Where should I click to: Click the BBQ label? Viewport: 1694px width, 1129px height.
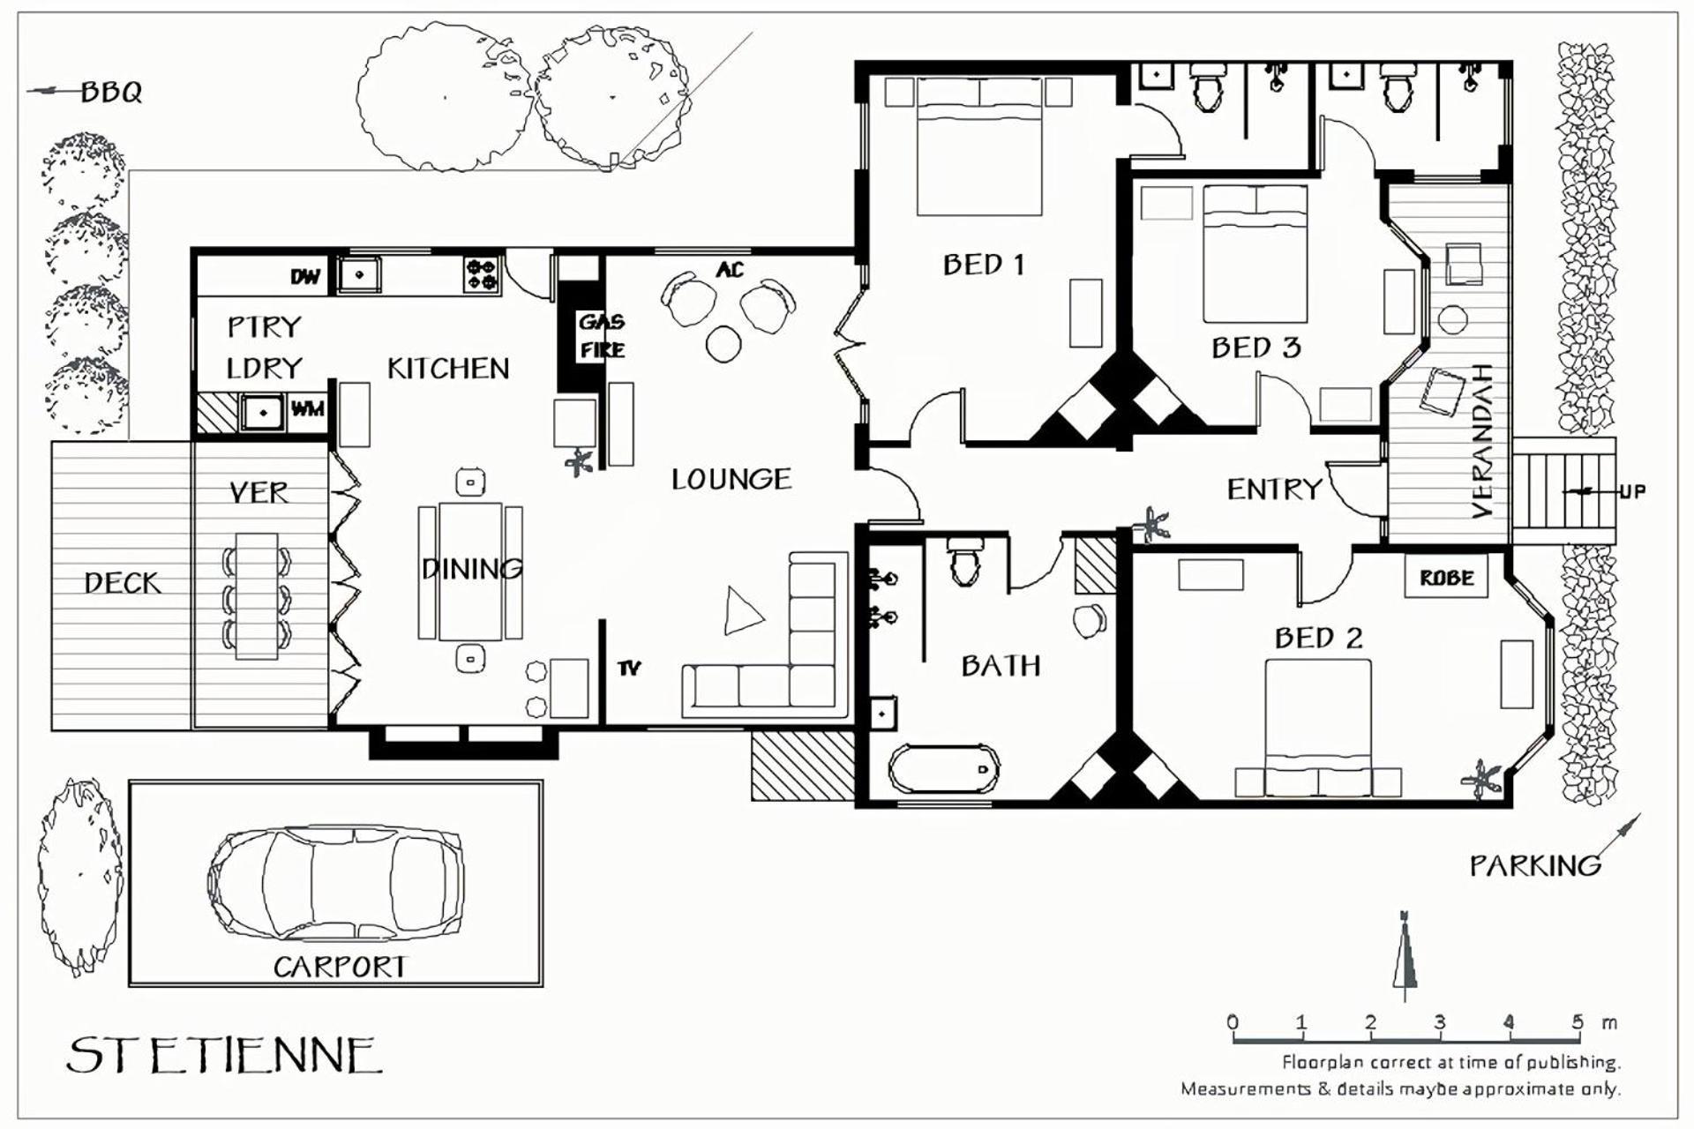point(111,92)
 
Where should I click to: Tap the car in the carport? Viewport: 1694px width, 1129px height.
point(335,884)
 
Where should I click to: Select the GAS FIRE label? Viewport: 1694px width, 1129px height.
point(603,336)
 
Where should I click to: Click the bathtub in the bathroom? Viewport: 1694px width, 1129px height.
point(944,770)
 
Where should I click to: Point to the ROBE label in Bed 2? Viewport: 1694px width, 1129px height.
point(1447,579)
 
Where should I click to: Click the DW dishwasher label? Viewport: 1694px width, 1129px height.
point(305,277)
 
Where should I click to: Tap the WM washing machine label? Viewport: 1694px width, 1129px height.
point(308,409)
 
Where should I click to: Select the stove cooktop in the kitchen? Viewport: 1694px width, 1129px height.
point(482,274)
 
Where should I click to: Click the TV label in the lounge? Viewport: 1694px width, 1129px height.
point(629,669)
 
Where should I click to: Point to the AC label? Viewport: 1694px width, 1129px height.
point(730,269)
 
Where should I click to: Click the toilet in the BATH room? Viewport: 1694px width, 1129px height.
point(963,562)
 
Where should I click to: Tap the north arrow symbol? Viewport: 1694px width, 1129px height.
point(1405,956)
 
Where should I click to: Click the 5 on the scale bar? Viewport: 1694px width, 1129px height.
point(1578,1021)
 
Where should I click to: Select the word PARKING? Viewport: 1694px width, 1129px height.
point(1535,866)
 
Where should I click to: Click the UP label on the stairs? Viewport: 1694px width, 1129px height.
point(1632,491)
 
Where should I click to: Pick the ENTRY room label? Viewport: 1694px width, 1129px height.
point(1275,489)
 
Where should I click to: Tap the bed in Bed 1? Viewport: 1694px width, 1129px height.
point(980,146)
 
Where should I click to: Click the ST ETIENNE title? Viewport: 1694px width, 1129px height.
point(224,1055)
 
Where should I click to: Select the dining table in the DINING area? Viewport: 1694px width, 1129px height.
point(470,571)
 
